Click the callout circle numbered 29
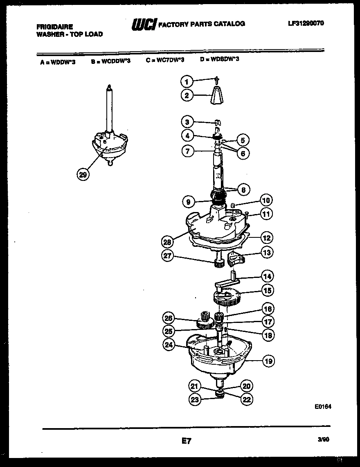[x=83, y=175]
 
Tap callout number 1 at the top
[x=187, y=82]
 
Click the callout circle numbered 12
[x=267, y=237]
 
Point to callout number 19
[x=268, y=361]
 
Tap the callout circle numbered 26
[x=169, y=318]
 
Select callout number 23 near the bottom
[x=195, y=399]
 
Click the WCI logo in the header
[x=143, y=25]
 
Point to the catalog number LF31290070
[x=306, y=23]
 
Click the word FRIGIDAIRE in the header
[x=55, y=27]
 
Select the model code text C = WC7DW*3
[x=165, y=60]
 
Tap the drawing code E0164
[x=323, y=407]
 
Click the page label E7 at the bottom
[x=186, y=441]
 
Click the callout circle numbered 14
[x=268, y=276]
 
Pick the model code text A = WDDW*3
[x=58, y=63]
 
